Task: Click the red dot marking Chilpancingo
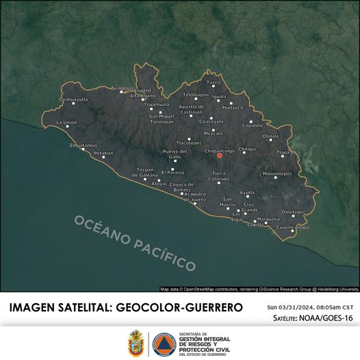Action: [220, 156]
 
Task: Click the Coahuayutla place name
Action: [73, 99]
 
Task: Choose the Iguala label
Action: [219, 97]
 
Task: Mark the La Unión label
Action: [66, 123]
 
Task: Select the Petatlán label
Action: [104, 153]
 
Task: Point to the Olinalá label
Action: [271, 136]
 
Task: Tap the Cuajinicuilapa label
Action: [292, 227]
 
